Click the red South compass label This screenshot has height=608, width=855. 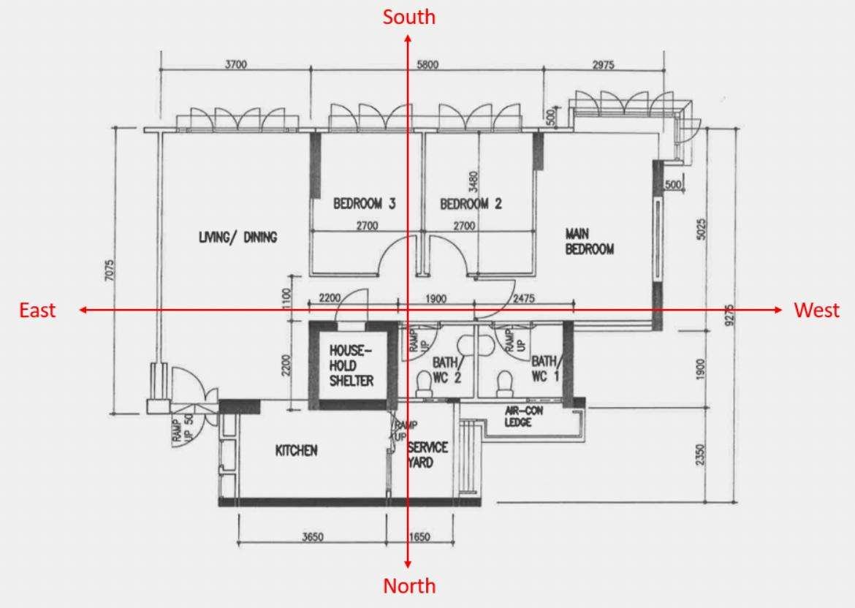coord(408,17)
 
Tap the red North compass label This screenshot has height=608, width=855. coord(409,585)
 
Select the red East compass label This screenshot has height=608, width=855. coord(37,310)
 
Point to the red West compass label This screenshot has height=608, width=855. coord(817,310)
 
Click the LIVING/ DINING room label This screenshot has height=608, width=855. coord(237,237)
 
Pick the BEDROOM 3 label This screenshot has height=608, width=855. coord(364,203)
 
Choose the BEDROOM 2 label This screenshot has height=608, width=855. coord(471,203)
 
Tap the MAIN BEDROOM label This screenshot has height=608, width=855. coord(589,242)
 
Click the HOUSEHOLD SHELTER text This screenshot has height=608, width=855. coord(351,365)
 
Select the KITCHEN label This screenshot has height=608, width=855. coord(296,451)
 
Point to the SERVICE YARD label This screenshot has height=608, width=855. coord(427,455)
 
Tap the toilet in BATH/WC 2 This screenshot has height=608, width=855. coord(424,384)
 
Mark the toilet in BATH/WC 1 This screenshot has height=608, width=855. coord(504,384)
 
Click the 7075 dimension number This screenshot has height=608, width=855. coord(110,270)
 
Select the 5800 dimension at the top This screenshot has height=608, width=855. coord(427,65)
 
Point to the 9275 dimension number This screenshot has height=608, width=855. coord(730,315)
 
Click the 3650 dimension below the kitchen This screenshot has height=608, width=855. coord(313,537)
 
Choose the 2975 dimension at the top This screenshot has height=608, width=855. coord(603,65)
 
